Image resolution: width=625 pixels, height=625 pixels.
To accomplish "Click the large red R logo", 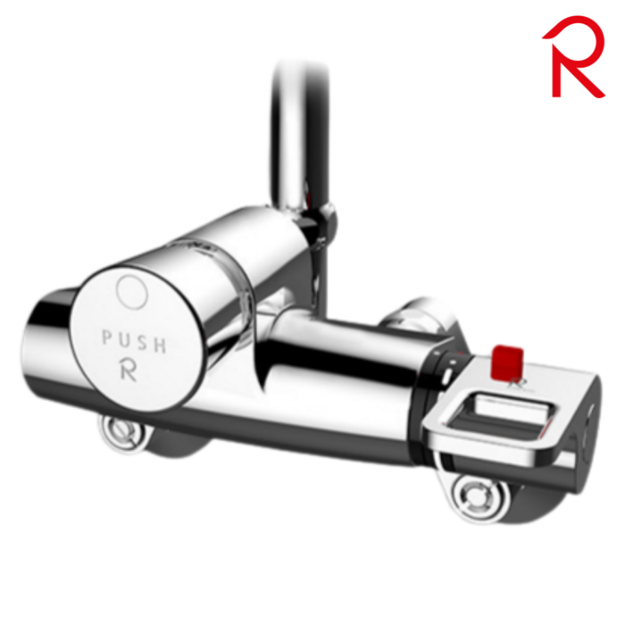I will (x=571, y=55).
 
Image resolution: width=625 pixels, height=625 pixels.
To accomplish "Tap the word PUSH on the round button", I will (x=134, y=341).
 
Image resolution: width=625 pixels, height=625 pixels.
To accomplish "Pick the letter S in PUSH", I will (x=143, y=343).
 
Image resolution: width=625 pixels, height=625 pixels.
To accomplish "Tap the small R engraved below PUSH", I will (x=129, y=370).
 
